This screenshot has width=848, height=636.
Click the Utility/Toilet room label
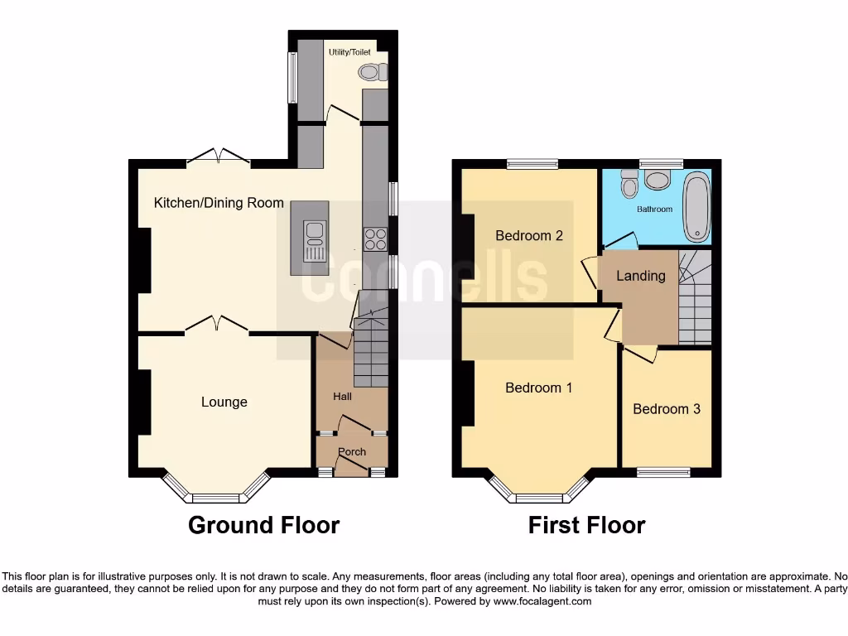pos(349,52)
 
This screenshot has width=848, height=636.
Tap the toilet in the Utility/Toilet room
pos(373,73)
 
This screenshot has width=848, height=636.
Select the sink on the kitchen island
pos(315,240)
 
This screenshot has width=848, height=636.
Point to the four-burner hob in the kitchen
pos(375,238)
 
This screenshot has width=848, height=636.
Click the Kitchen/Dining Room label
pos(219,203)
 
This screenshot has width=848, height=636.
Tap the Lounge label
pos(224,402)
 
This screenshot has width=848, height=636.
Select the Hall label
pos(343,397)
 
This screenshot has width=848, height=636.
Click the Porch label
pos(352,451)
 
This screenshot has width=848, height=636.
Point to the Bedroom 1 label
pos(538,388)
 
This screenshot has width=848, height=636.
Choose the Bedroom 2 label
pos(529,236)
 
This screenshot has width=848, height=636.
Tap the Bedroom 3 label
pos(667,409)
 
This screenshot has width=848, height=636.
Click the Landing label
pos(641,276)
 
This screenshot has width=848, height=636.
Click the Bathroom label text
pos(654,210)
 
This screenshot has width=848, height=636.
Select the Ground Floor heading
pos(263,525)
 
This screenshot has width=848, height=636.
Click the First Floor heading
pos(586,525)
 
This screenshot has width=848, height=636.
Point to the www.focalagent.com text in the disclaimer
pos(542,602)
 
